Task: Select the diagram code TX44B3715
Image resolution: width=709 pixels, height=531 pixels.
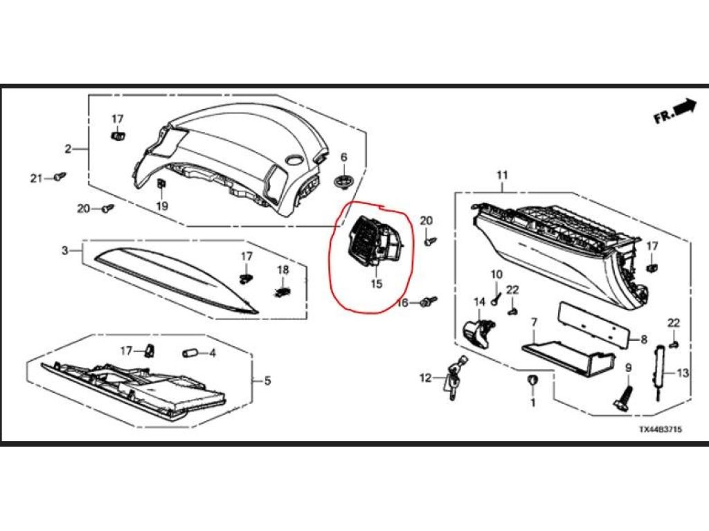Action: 660,429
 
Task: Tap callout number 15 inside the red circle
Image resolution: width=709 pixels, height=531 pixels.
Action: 376,283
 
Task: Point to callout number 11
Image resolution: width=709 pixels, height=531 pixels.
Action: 503,175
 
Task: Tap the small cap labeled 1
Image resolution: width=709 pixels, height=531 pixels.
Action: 532,380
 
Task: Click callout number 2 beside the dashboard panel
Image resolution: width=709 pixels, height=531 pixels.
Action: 68,148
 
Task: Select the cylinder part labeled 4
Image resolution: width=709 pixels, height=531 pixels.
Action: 190,353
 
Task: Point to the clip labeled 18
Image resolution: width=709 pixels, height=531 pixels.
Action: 282,292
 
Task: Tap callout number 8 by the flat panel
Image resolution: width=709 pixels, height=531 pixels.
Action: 644,339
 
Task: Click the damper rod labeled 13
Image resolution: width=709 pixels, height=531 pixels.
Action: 660,372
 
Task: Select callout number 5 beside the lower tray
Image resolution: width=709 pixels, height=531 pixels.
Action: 267,381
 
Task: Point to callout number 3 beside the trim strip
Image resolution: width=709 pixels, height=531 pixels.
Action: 64,250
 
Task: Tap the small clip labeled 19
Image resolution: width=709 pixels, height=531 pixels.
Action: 161,184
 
